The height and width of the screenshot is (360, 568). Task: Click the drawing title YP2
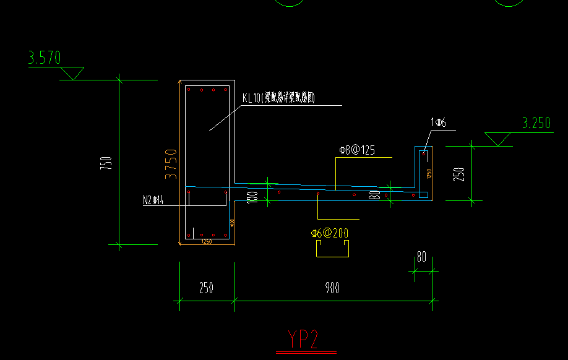pyautogui.click(x=303, y=339)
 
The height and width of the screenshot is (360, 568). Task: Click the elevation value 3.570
pyautogui.click(x=45, y=58)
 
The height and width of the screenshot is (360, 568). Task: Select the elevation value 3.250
pyautogui.click(x=536, y=123)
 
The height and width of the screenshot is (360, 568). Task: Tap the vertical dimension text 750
pyautogui.click(x=106, y=163)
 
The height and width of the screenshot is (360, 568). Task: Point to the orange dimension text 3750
pyautogui.click(x=171, y=163)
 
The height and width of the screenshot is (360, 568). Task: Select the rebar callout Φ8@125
pyautogui.click(x=357, y=150)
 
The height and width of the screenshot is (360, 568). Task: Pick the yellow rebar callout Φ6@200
pyautogui.click(x=330, y=233)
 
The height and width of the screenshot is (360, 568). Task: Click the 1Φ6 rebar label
pyautogui.click(x=438, y=123)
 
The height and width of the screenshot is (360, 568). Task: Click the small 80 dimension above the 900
pyautogui.click(x=421, y=257)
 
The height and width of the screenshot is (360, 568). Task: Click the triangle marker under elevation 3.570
pyautogui.click(x=74, y=73)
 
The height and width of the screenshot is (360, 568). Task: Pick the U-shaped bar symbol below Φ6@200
pyautogui.click(x=332, y=249)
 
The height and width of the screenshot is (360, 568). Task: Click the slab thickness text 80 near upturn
pyautogui.click(x=374, y=195)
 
